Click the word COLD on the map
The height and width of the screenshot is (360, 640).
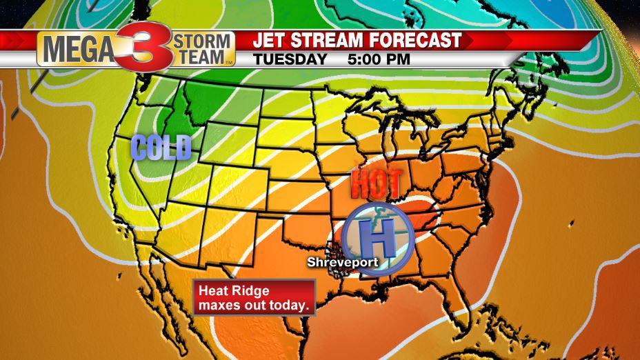coord(160,147)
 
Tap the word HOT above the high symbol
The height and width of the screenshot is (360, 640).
coord(376,184)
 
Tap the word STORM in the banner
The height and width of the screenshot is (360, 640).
coord(206,41)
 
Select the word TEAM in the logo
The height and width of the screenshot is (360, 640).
coord(205,57)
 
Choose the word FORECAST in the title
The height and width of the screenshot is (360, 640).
coord(417,41)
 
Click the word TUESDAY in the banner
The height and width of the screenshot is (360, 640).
coord(290,59)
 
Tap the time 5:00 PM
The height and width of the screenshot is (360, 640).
coord(379,59)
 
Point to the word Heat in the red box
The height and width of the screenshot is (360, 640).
coord(211,291)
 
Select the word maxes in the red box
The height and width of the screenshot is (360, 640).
coord(217,304)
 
